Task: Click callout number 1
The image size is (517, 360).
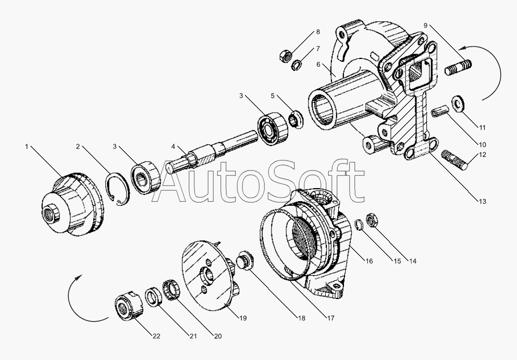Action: [27, 147]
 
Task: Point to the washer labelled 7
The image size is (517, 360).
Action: [297, 65]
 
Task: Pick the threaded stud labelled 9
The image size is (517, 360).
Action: [459, 67]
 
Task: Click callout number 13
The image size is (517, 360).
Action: [482, 202]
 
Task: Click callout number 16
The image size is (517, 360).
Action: [369, 260]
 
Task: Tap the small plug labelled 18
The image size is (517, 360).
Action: [244, 259]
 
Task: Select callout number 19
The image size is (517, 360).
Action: [243, 318]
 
